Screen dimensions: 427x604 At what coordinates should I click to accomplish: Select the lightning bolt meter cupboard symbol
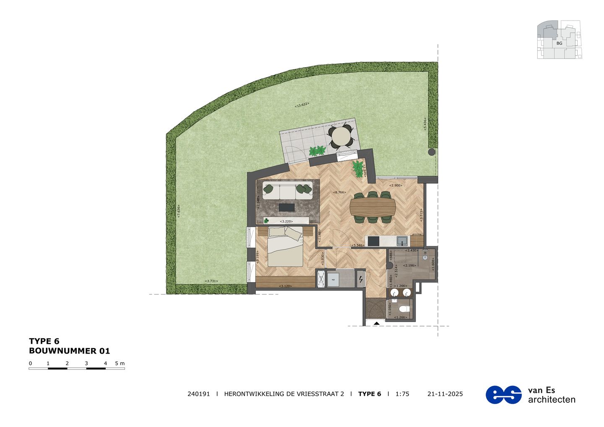(x=361, y=279)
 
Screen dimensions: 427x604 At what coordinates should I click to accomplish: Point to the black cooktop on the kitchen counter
(x=373, y=241)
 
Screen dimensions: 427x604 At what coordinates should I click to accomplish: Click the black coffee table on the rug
(x=287, y=207)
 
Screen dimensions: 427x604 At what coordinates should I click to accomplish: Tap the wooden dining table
(x=373, y=207)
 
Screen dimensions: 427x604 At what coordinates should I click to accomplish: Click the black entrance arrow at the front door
(x=376, y=323)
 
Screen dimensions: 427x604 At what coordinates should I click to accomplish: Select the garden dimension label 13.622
(x=302, y=105)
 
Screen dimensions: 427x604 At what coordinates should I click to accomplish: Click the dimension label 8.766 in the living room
(x=339, y=192)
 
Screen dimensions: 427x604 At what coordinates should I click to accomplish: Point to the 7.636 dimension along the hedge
(x=179, y=211)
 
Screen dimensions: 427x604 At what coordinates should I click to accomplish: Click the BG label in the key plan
(x=559, y=43)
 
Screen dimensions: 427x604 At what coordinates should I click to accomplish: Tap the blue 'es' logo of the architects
(x=503, y=395)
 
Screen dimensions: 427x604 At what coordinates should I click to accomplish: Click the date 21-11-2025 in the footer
(x=445, y=394)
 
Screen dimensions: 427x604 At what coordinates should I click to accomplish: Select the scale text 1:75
(x=402, y=394)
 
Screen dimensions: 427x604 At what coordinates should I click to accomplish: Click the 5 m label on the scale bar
(x=120, y=363)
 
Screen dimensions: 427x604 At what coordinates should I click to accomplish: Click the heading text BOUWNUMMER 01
(x=69, y=351)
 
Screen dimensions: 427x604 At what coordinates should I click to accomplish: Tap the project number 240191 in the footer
(x=198, y=394)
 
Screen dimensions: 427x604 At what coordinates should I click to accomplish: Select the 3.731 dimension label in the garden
(x=211, y=281)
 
